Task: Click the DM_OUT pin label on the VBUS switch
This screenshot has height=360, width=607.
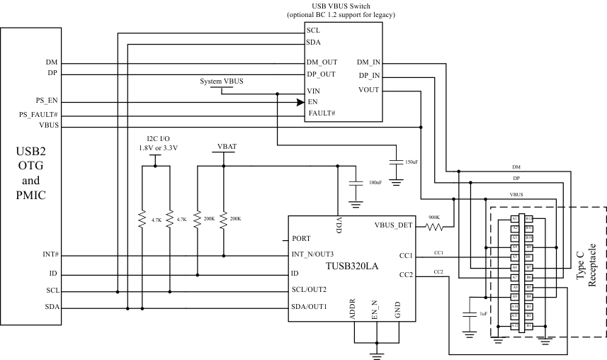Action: (322, 62)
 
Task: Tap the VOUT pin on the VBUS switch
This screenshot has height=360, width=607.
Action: (369, 89)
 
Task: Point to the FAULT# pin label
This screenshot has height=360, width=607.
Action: (322, 113)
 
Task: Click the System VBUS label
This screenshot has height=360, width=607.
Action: (222, 81)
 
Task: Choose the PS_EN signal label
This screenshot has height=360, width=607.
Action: (47, 101)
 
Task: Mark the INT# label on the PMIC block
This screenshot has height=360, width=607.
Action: (50, 254)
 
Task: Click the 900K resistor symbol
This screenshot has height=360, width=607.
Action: (434, 227)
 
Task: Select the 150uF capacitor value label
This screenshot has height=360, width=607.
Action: (411, 162)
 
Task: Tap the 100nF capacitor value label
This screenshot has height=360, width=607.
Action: (375, 184)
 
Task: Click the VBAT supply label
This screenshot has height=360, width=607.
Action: (227, 147)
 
